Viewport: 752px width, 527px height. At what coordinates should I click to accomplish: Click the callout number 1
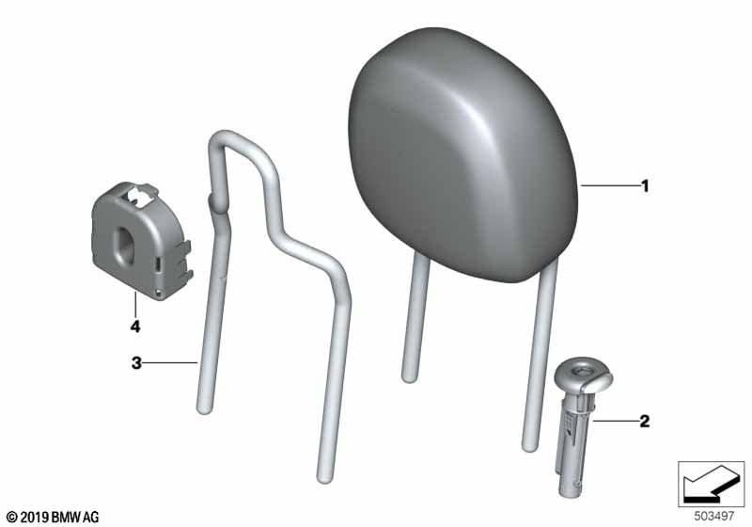pyautogui.click(x=645, y=185)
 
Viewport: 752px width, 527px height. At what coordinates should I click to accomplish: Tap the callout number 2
pyautogui.click(x=645, y=421)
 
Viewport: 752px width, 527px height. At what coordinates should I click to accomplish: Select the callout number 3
pyautogui.click(x=136, y=363)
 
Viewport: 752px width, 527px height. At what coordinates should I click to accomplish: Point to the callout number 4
pyautogui.click(x=135, y=327)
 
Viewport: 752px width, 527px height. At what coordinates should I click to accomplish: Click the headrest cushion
pyautogui.click(x=462, y=153)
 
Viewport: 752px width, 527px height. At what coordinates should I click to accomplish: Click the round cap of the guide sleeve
pyautogui.click(x=584, y=373)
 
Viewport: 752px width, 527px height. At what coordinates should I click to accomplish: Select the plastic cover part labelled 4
pyautogui.click(x=142, y=240)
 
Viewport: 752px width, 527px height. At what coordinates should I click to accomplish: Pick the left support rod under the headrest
pyautogui.click(x=415, y=317)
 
